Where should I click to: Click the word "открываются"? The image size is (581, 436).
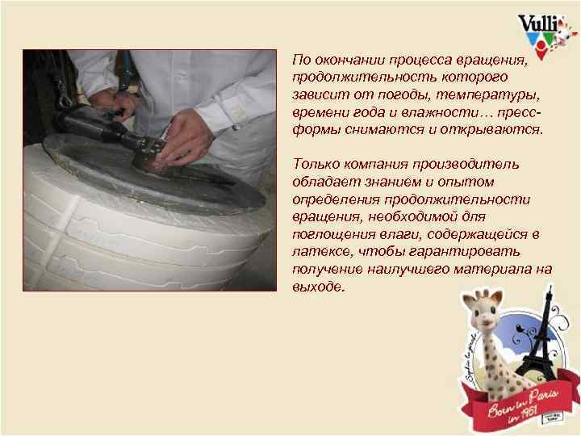click(x=502, y=130)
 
